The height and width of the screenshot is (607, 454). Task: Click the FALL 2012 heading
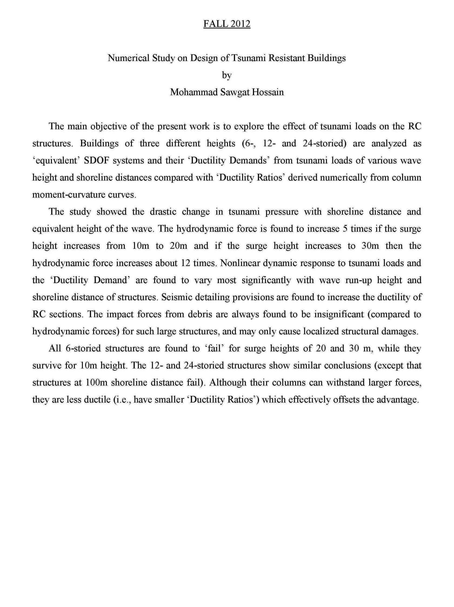[226, 24]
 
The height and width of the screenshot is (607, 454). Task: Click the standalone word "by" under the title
[226, 75]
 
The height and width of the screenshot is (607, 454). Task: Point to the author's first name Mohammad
[194, 92]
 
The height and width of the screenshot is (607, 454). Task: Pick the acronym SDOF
[97, 160]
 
